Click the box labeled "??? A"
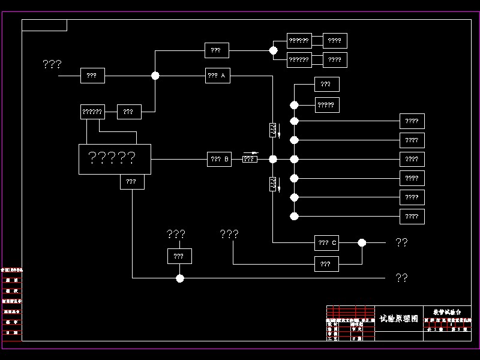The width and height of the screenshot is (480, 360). point(218,76)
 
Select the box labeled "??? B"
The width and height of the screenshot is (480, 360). point(219,159)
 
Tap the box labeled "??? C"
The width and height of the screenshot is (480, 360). point(326,242)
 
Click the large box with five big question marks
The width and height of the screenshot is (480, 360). point(115,159)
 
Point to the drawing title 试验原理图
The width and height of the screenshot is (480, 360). point(398,319)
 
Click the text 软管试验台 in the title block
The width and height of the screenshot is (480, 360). point(447,312)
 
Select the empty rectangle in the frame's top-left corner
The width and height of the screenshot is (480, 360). point(44,25)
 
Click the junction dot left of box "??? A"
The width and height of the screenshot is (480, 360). point(155,76)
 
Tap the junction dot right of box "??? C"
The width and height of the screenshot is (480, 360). point(362,242)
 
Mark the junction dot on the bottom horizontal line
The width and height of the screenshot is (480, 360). point(180,278)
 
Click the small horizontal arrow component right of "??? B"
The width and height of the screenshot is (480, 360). point(250,159)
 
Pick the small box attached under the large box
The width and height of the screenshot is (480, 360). point(132,181)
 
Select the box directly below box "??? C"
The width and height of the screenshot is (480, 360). point(326,263)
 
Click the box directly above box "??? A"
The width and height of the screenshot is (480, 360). point(217,50)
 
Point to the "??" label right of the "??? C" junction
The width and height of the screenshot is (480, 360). point(401,242)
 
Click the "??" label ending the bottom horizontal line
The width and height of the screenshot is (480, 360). point(401,278)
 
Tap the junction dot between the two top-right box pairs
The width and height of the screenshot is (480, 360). point(274,51)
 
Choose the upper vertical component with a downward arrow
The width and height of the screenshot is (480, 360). point(273,129)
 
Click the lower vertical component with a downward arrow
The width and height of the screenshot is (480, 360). point(273,184)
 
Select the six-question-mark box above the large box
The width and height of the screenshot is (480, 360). point(92,112)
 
